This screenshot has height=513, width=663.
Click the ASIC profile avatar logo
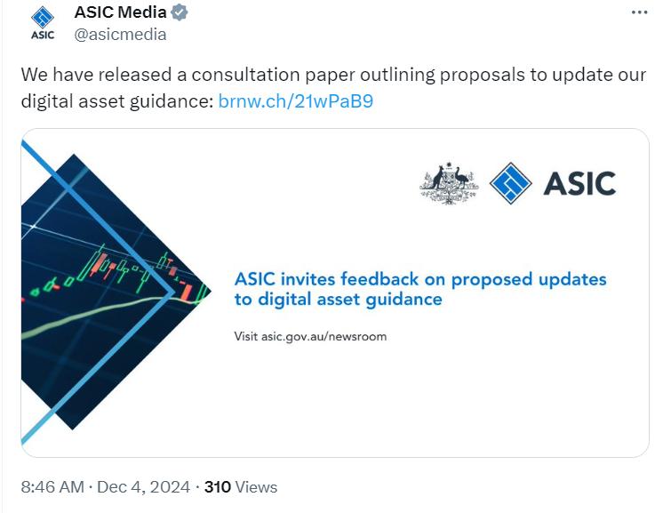point(43,23)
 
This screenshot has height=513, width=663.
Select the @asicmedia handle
point(120,35)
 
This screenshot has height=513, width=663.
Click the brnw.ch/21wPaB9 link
point(295,100)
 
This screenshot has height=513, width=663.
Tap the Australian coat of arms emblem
point(449,183)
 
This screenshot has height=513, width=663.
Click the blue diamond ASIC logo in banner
point(510,183)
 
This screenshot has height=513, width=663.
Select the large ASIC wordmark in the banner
point(579,183)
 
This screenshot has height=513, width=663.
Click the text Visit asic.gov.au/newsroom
point(310,336)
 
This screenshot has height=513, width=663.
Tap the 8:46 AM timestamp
point(52,487)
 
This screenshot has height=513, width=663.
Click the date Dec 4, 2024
point(143,487)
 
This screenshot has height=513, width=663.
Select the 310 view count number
point(218,487)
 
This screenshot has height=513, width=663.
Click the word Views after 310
point(257,487)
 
